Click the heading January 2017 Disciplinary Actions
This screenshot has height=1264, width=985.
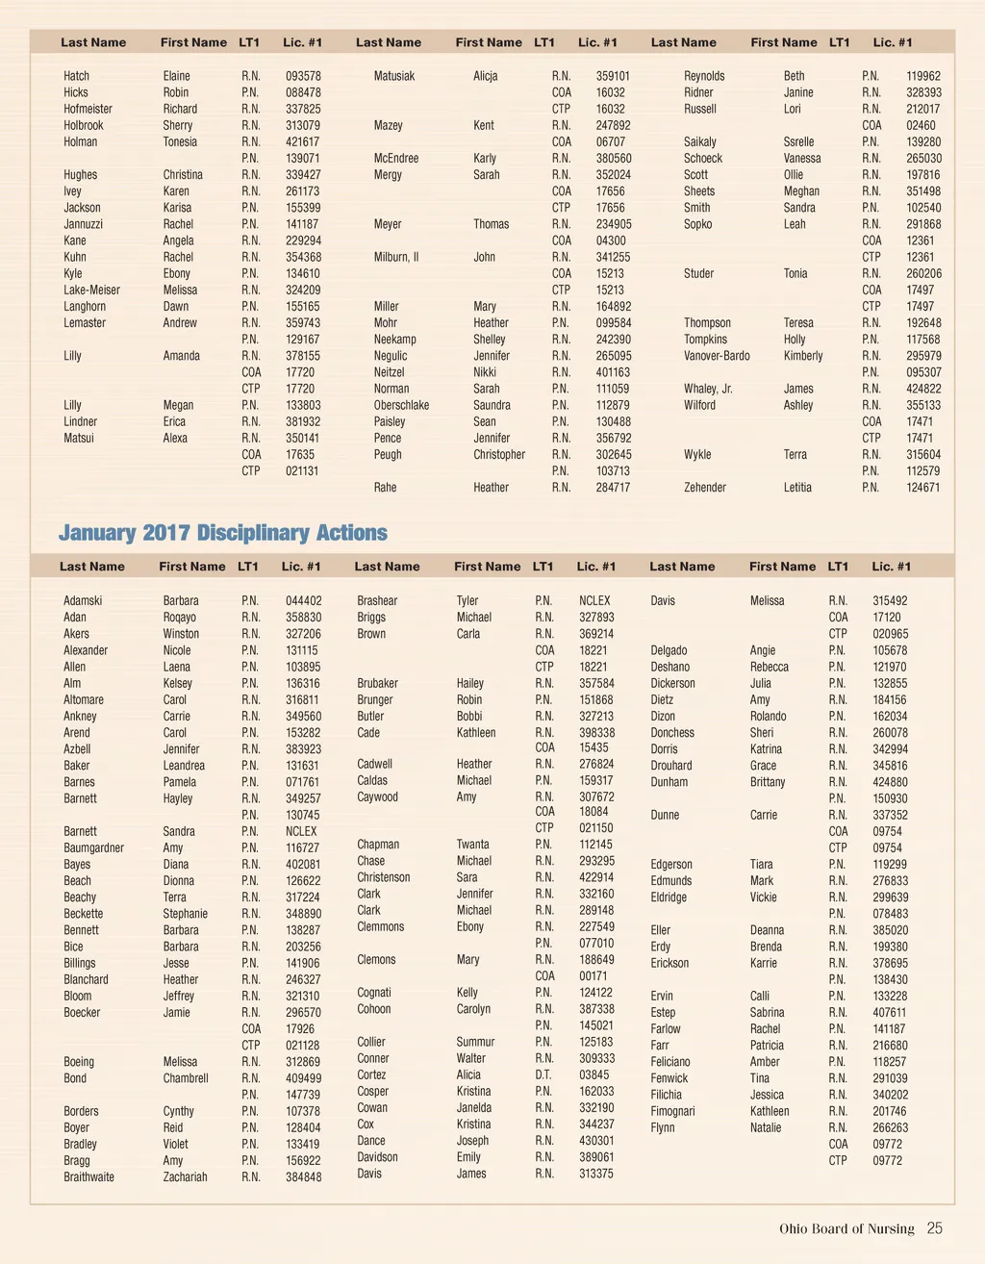[223, 533]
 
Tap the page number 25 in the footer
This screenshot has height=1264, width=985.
[935, 1228]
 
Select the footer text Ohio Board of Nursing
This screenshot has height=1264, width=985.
[846, 1228]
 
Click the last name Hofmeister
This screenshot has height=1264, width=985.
[88, 109]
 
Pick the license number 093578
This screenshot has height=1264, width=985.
[303, 76]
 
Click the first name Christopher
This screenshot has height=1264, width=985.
[499, 454]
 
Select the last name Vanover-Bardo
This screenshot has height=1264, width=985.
[717, 356]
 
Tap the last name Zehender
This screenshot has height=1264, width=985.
[705, 488]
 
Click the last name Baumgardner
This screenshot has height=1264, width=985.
[93, 847]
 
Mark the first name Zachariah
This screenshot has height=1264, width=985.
[185, 1176]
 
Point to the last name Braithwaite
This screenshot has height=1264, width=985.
[88, 1176]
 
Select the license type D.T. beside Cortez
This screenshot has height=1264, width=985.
[543, 1074]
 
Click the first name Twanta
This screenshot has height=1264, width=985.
[472, 845]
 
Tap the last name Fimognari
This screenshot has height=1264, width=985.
[672, 1111]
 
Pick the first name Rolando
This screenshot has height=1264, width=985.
[768, 716]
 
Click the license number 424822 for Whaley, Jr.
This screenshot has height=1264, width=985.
[923, 389]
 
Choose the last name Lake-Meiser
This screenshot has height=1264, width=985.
[91, 290]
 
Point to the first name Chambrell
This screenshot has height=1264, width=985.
[186, 1078]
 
